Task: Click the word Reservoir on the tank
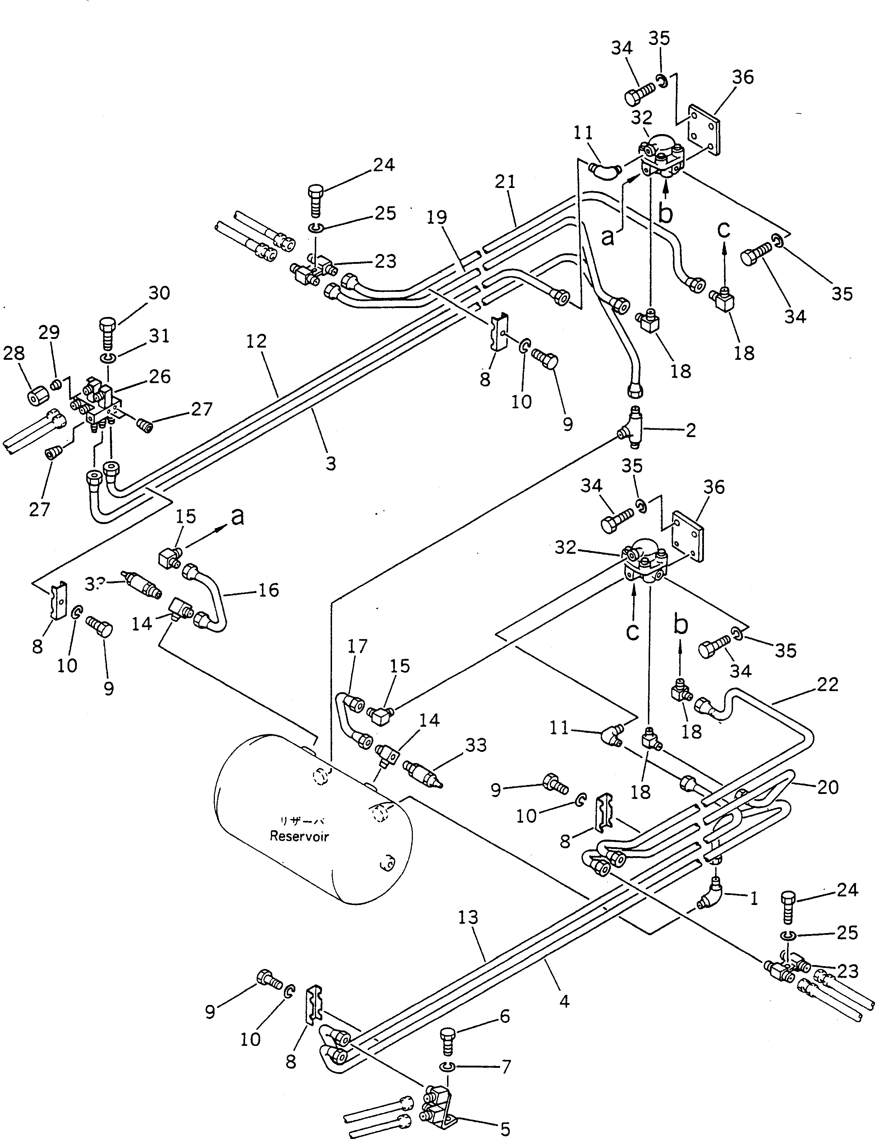pos(299,836)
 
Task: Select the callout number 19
pos(437,217)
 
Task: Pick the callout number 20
pos(828,787)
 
